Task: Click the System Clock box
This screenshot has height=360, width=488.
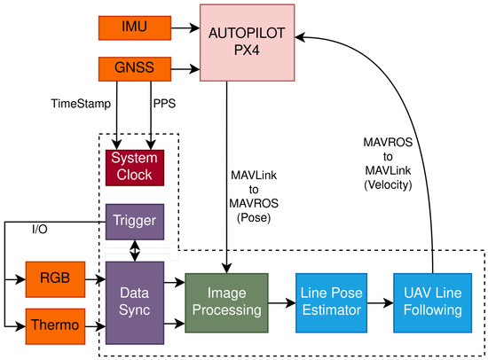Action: [x=131, y=166]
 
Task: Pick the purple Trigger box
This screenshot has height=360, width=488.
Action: [x=131, y=221]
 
